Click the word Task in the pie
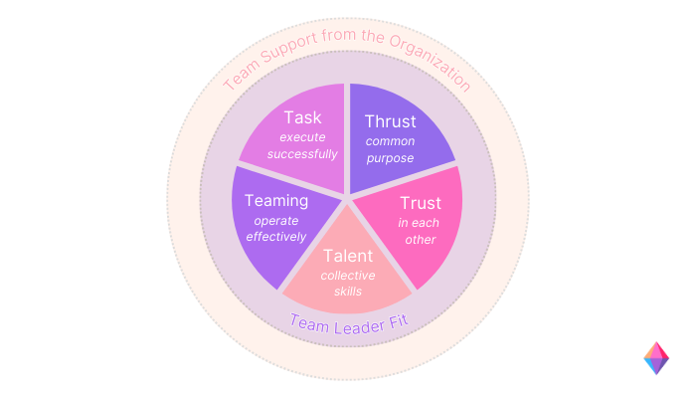(302, 117)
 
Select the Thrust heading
(391, 121)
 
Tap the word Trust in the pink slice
(421, 203)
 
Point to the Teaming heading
(275, 201)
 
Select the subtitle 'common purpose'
(391, 149)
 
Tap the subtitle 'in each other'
(420, 231)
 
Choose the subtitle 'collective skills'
(348, 282)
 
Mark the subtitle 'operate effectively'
(276, 229)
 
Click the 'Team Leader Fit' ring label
(348, 321)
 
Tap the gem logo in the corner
(656, 358)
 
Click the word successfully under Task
(309, 154)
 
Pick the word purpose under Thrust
(391, 158)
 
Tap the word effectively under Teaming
(276, 238)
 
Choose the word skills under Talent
(348, 291)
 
